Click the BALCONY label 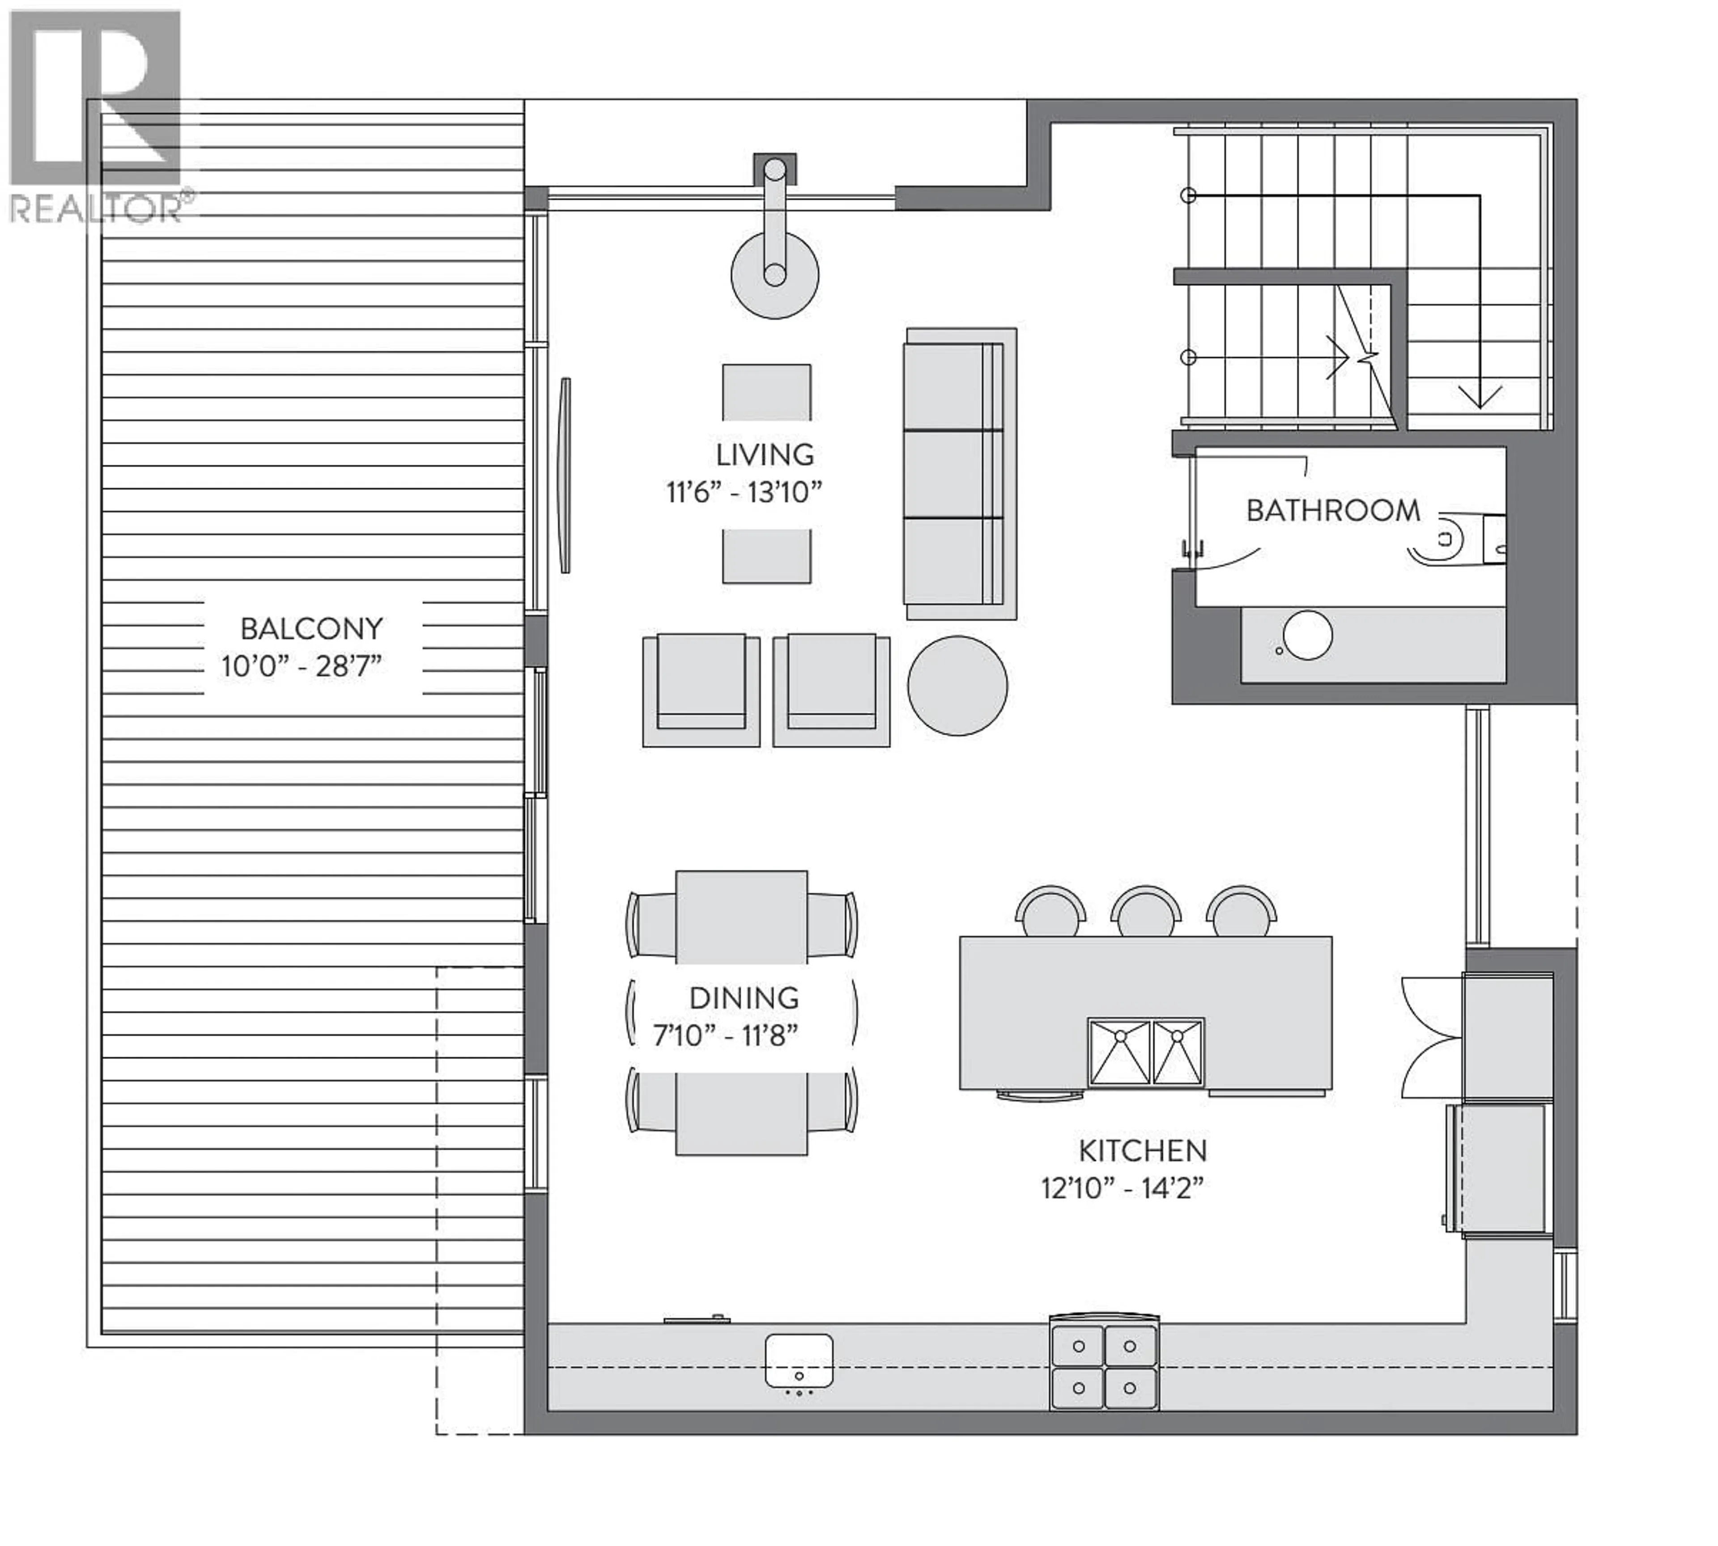311,629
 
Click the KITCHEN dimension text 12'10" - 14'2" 1122,1187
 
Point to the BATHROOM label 1332,511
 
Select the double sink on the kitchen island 1145,1053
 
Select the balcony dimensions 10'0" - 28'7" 302,666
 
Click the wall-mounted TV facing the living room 564,476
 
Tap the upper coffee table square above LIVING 766,392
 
